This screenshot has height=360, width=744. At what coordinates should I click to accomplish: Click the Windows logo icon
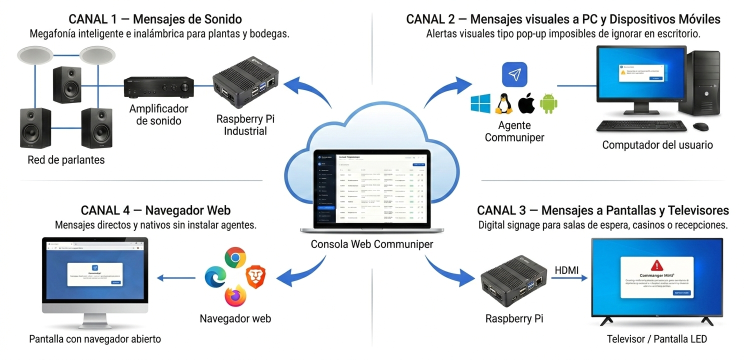(480, 103)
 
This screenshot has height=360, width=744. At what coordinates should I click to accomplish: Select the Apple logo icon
(526, 103)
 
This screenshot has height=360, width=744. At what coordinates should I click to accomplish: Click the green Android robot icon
(548, 103)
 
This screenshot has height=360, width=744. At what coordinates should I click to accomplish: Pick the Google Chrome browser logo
(235, 259)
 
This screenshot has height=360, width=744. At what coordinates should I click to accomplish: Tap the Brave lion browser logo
(255, 277)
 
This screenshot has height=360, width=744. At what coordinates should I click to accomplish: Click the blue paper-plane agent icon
(514, 74)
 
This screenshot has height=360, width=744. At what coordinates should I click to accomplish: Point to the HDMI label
(566, 270)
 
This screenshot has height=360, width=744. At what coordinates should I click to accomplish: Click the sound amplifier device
(159, 87)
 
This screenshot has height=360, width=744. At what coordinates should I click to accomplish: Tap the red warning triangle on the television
(656, 265)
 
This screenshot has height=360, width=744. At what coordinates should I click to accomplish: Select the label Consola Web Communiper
(372, 244)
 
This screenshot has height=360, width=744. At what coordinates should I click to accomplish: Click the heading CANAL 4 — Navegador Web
(155, 210)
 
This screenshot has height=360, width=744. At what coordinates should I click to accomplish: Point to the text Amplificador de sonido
(158, 114)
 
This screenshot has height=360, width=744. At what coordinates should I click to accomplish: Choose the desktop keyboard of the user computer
(642, 126)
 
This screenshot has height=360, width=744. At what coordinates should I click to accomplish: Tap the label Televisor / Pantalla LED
(656, 339)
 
